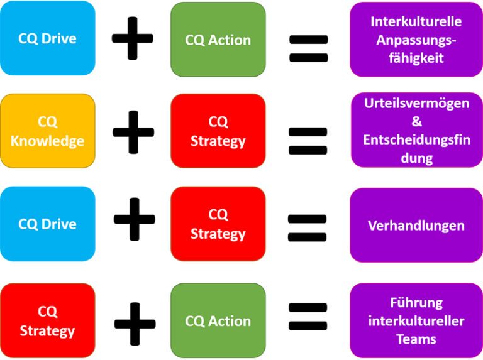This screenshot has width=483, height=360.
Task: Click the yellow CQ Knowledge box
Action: click(x=47, y=131)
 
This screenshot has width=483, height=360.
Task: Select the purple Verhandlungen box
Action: click(x=416, y=225)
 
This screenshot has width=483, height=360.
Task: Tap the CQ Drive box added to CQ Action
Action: click(x=47, y=38)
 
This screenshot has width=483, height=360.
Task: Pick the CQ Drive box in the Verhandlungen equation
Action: click(x=47, y=224)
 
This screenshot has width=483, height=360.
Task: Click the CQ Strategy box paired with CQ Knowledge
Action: click(x=218, y=131)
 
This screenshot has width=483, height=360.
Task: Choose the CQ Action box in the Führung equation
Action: click(x=218, y=320)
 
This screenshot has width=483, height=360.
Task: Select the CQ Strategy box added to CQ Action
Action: click(x=47, y=320)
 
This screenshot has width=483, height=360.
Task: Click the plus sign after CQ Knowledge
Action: click(x=133, y=132)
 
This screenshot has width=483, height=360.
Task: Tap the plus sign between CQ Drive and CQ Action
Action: click(x=133, y=38)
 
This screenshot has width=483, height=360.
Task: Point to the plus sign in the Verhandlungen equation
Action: click(x=135, y=219)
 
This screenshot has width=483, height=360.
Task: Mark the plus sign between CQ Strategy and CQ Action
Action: click(x=135, y=324)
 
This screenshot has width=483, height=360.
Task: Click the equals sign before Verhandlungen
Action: click(x=307, y=228)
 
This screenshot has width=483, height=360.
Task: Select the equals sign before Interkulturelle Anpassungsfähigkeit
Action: click(x=309, y=48)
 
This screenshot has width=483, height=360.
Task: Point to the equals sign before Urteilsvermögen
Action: click(x=308, y=141)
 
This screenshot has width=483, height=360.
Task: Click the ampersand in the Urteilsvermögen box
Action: click(x=416, y=121)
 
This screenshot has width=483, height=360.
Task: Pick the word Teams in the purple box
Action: click(x=416, y=339)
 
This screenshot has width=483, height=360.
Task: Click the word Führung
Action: click(x=416, y=303)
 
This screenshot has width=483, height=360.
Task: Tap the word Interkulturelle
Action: click(x=416, y=21)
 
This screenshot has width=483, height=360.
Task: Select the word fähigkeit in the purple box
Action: click(x=416, y=58)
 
